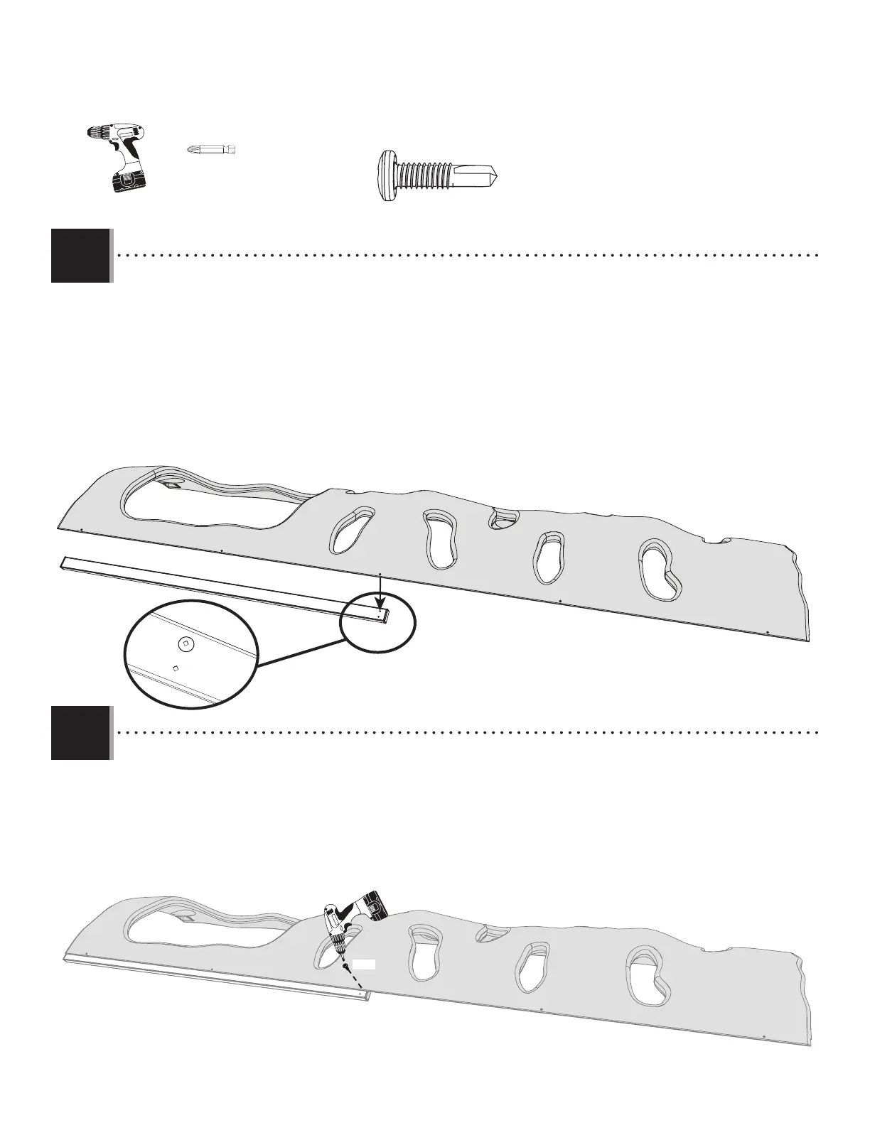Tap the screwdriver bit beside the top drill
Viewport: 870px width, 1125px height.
(x=210, y=150)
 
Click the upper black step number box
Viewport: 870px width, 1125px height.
(x=80, y=256)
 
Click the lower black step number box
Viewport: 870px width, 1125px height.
(x=80, y=732)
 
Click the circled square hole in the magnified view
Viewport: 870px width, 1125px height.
(x=185, y=643)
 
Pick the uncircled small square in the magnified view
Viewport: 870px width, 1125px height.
(x=175, y=668)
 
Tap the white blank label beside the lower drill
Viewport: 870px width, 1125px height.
(x=365, y=964)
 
